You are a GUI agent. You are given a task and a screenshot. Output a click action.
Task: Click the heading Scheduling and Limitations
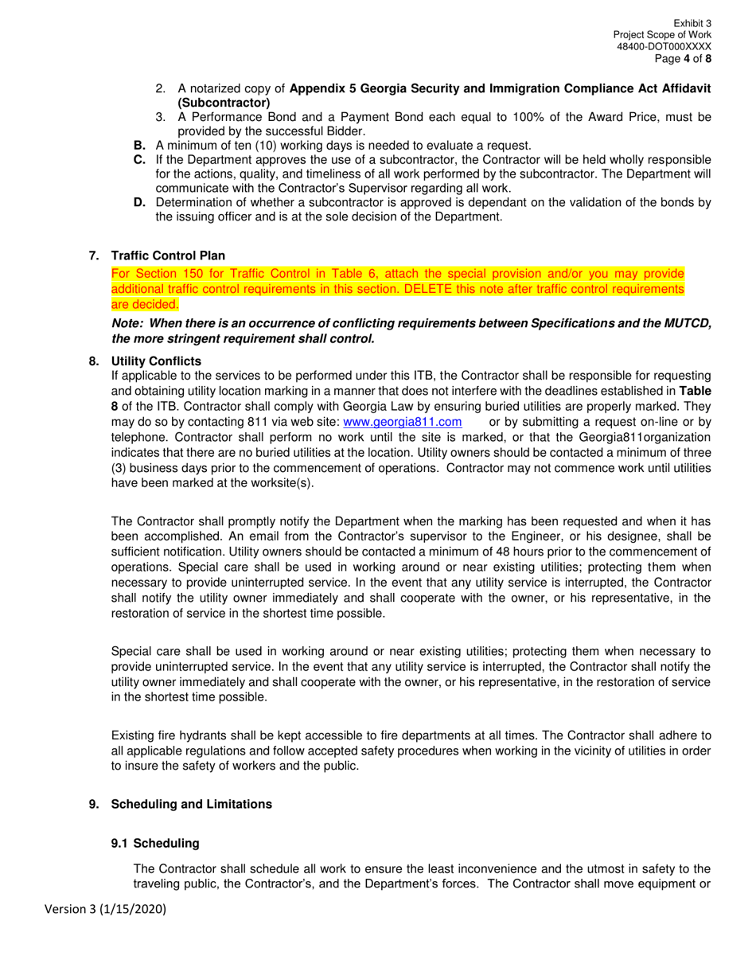(191, 804)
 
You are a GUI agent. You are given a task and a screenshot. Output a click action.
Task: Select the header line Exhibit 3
(692, 24)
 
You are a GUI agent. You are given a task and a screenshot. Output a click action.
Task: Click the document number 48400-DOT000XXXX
(664, 47)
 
